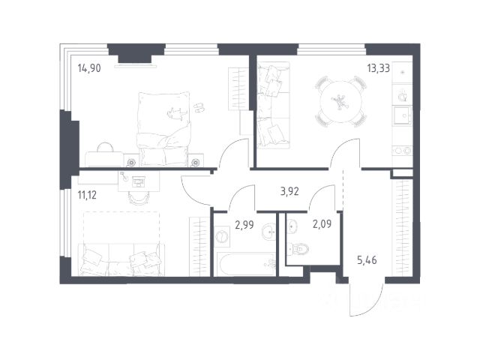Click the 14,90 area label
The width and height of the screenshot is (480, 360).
coord(89,68)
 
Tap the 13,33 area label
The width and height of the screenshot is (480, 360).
coord(378,68)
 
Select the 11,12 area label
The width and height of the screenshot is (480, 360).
coord(87,195)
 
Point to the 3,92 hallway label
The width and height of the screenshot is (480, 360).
coord(289,192)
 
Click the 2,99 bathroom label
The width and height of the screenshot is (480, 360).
coord(244,225)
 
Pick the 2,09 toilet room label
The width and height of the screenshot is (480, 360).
coord(322,224)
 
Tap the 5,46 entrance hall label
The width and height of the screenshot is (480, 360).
coord(367,260)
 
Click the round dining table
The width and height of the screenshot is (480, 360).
coord(340,102)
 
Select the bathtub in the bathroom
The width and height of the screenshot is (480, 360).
coord(247,264)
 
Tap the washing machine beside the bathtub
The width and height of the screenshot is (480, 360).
coord(222,236)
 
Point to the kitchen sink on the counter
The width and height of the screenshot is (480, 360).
coord(403,115)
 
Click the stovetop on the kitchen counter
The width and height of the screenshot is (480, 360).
coord(402,151)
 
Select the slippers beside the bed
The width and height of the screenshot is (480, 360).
coord(199,108)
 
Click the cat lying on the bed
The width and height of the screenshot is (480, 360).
coord(177,113)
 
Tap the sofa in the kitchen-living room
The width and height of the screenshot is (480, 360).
coord(273,105)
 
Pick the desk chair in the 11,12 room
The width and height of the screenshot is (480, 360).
coord(139,197)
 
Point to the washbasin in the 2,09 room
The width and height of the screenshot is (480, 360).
coord(292,226)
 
